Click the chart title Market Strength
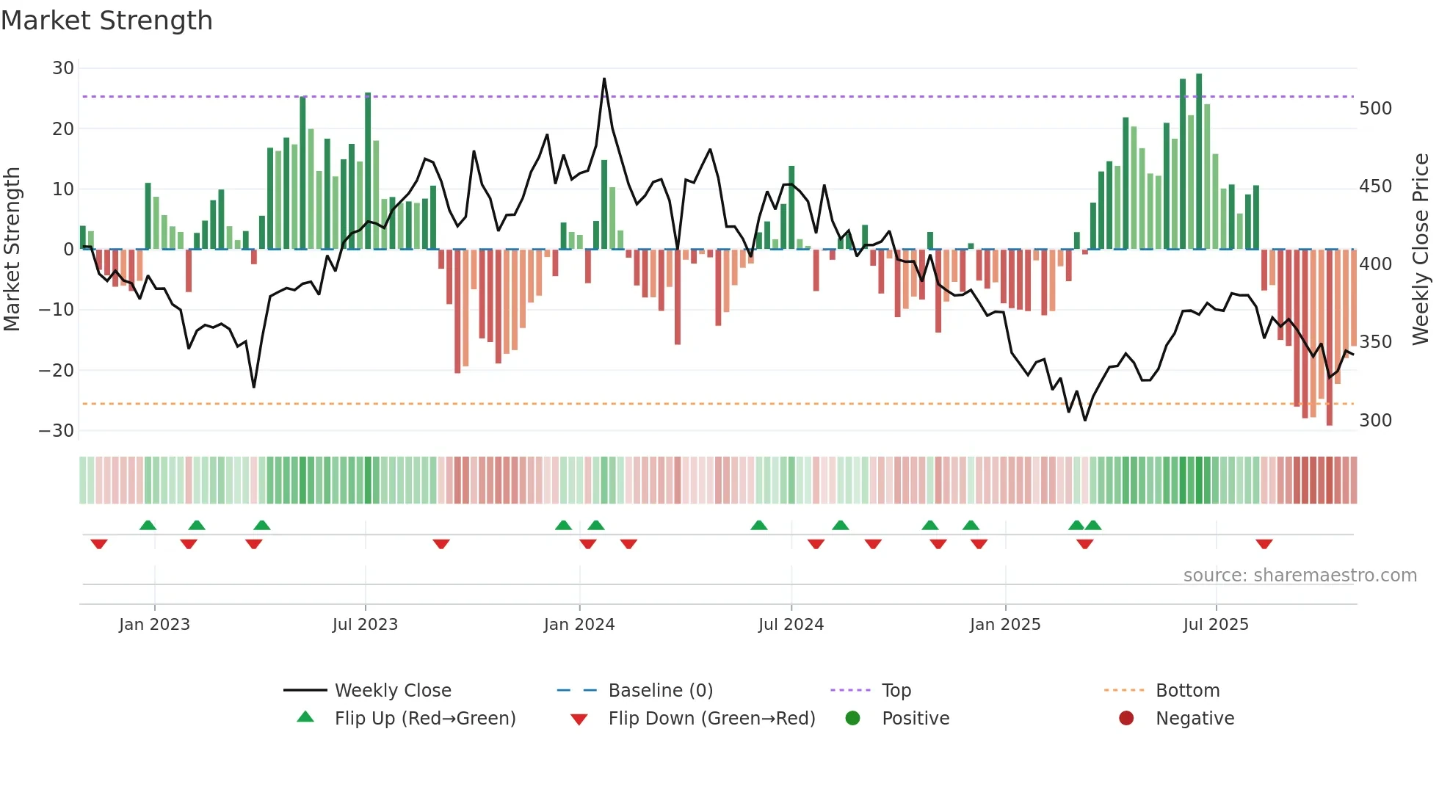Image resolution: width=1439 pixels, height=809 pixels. tap(106, 21)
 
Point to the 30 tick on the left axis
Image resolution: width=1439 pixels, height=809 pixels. tap(63, 68)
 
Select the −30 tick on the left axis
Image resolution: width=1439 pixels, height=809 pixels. tap(57, 431)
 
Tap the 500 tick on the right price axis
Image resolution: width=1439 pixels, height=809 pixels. tap(1375, 109)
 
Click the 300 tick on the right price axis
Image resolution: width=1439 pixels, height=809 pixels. tap(1375, 421)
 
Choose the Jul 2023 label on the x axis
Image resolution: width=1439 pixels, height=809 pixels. tap(365, 625)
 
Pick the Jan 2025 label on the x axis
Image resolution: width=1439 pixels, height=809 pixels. tap(1004, 625)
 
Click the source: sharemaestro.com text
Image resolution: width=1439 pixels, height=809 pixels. tap(1300, 576)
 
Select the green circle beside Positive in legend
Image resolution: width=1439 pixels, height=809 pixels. tap(852, 719)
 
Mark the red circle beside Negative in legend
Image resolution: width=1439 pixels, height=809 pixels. tap(1126, 719)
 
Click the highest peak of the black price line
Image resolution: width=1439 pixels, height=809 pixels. tap(604, 79)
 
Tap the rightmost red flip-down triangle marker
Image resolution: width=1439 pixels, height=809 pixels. tap(1264, 544)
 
